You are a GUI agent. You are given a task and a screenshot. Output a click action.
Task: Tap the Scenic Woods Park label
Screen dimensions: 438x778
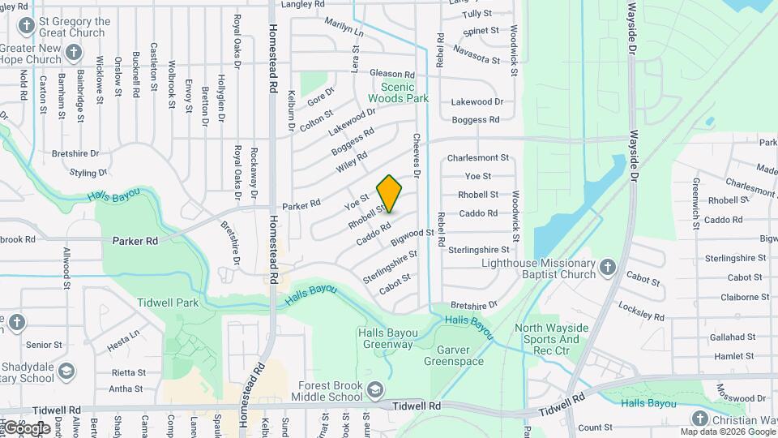[397, 92]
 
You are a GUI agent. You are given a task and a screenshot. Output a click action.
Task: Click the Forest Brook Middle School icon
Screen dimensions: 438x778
[375, 391]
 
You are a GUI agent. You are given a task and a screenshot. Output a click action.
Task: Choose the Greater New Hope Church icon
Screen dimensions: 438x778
[74, 54]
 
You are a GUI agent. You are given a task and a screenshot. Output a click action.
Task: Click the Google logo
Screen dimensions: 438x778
[27, 427]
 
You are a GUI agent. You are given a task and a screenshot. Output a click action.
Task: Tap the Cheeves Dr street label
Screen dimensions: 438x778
[417, 156]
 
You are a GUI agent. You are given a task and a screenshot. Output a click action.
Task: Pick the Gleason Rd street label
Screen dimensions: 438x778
[392, 74]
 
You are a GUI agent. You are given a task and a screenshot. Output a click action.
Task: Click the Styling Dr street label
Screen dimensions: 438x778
[88, 173]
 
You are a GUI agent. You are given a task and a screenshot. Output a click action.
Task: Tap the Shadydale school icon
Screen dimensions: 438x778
[66, 372]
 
